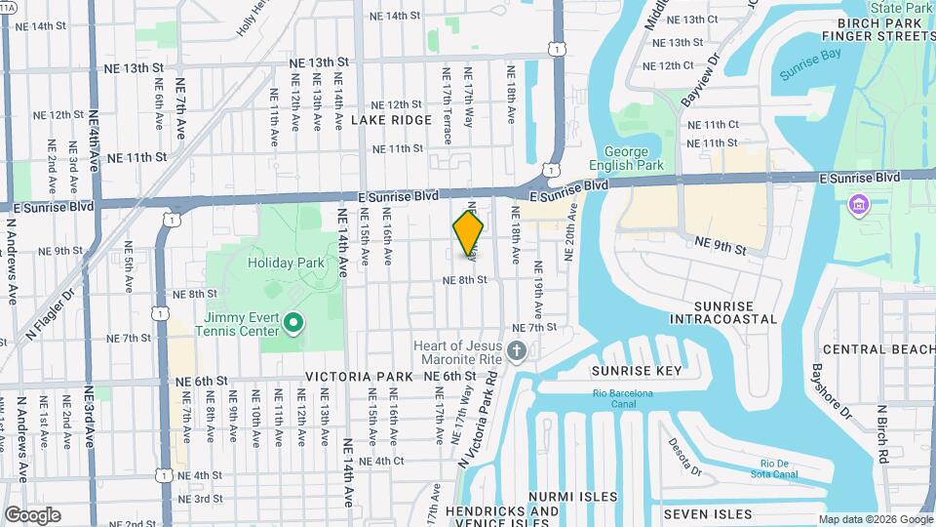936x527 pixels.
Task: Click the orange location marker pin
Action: click(x=469, y=231)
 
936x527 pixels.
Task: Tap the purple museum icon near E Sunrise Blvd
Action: click(x=859, y=205)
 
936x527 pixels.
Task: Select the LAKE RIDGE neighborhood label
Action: click(x=391, y=120)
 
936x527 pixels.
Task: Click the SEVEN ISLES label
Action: click(x=708, y=514)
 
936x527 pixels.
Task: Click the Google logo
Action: click(x=32, y=514)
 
